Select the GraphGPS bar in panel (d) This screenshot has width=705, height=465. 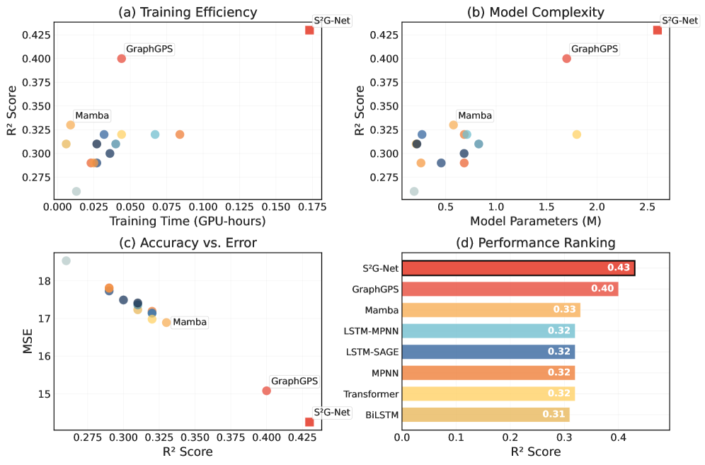510,289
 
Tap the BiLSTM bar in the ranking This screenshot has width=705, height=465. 486,415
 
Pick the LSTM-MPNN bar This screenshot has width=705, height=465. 488,331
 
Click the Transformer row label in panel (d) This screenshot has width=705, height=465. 371,394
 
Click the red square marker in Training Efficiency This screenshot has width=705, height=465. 309,30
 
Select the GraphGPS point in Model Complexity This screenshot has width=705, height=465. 566,59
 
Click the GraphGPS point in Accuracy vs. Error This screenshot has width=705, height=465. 266,391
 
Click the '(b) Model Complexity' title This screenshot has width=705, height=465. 537,11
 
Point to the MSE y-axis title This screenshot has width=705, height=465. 28,338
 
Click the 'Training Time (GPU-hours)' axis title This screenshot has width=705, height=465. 188,222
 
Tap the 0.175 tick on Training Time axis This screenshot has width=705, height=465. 310,207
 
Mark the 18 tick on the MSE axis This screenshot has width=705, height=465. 42,281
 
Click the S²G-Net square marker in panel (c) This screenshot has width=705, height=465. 309,422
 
